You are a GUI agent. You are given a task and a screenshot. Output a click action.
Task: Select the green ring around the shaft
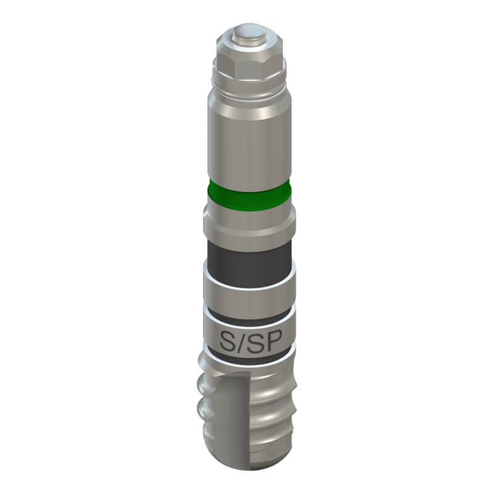coord(249,196)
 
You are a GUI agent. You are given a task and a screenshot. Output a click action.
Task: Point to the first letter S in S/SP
coord(227,342)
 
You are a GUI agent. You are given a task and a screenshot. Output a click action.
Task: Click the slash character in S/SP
coord(241,342)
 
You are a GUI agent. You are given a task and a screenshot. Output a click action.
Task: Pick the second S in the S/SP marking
coord(254,342)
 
